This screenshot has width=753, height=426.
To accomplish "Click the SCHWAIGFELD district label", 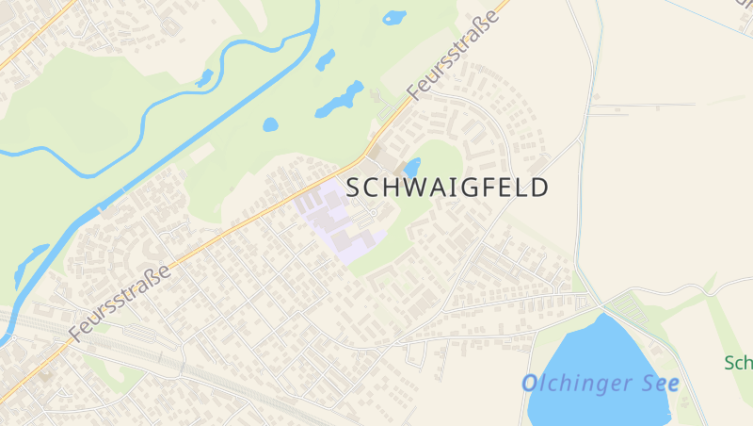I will click(447, 188).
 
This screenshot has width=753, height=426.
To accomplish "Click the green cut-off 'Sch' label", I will click(738, 363).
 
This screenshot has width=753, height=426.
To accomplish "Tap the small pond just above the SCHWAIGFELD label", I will click(412, 166).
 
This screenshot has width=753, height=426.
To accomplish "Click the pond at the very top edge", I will click(394, 17).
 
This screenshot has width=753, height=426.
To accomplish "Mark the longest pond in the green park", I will click(340, 99).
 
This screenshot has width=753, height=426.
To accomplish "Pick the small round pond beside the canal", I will click(271, 124).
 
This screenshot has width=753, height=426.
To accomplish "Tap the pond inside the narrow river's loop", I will click(204, 78).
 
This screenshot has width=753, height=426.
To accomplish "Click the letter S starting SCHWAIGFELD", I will click(355, 188).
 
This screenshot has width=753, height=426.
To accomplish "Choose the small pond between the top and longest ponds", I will click(325, 59).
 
